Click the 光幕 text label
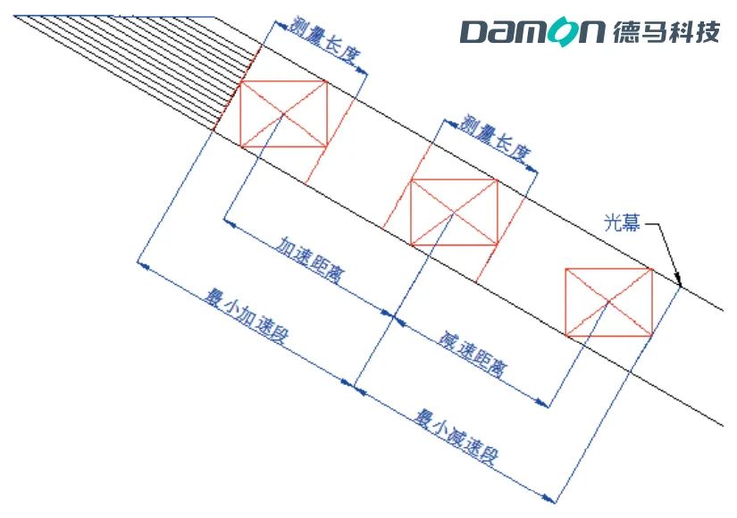coord(622,222)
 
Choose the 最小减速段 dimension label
coord(456,437)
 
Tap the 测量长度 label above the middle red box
coord(495,138)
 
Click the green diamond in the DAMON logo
coord(558,32)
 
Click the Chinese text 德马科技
coord(666,32)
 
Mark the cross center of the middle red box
coord(454,213)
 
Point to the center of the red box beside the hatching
coord(283,113)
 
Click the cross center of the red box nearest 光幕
coord(608,302)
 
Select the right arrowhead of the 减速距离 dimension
coord(542,403)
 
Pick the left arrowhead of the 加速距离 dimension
coord(229,222)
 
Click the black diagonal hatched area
coord(141,67)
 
